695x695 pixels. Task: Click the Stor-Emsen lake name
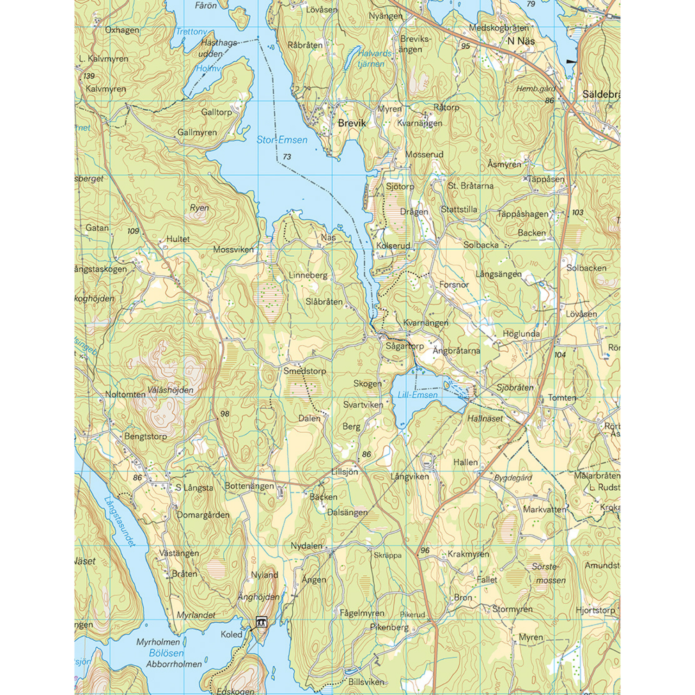[x=282, y=139]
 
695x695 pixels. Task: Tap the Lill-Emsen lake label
[x=417, y=395]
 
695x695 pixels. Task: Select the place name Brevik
[x=352, y=123]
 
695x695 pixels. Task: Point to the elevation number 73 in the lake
[x=287, y=157]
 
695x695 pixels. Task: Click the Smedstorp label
[x=304, y=371]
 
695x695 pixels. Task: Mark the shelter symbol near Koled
[x=261, y=622]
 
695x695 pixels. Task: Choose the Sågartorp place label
[x=404, y=346]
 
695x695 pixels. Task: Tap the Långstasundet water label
[x=120, y=522]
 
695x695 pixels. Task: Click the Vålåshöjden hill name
[x=170, y=390]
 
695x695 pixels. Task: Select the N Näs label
[x=521, y=41]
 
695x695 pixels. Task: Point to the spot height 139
[x=88, y=76]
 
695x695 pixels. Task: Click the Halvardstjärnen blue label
[x=373, y=59]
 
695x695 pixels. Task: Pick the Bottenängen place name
[x=249, y=486]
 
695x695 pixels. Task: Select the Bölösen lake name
[x=166, y=653]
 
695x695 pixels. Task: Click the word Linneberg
[x=308, y=275]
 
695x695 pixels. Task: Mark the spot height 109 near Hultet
[x=133, y=231]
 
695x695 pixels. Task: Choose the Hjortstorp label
[x=595, y=610]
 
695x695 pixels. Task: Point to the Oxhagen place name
[x=122, y=30]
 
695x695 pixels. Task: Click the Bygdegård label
[x=513, y=478]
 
